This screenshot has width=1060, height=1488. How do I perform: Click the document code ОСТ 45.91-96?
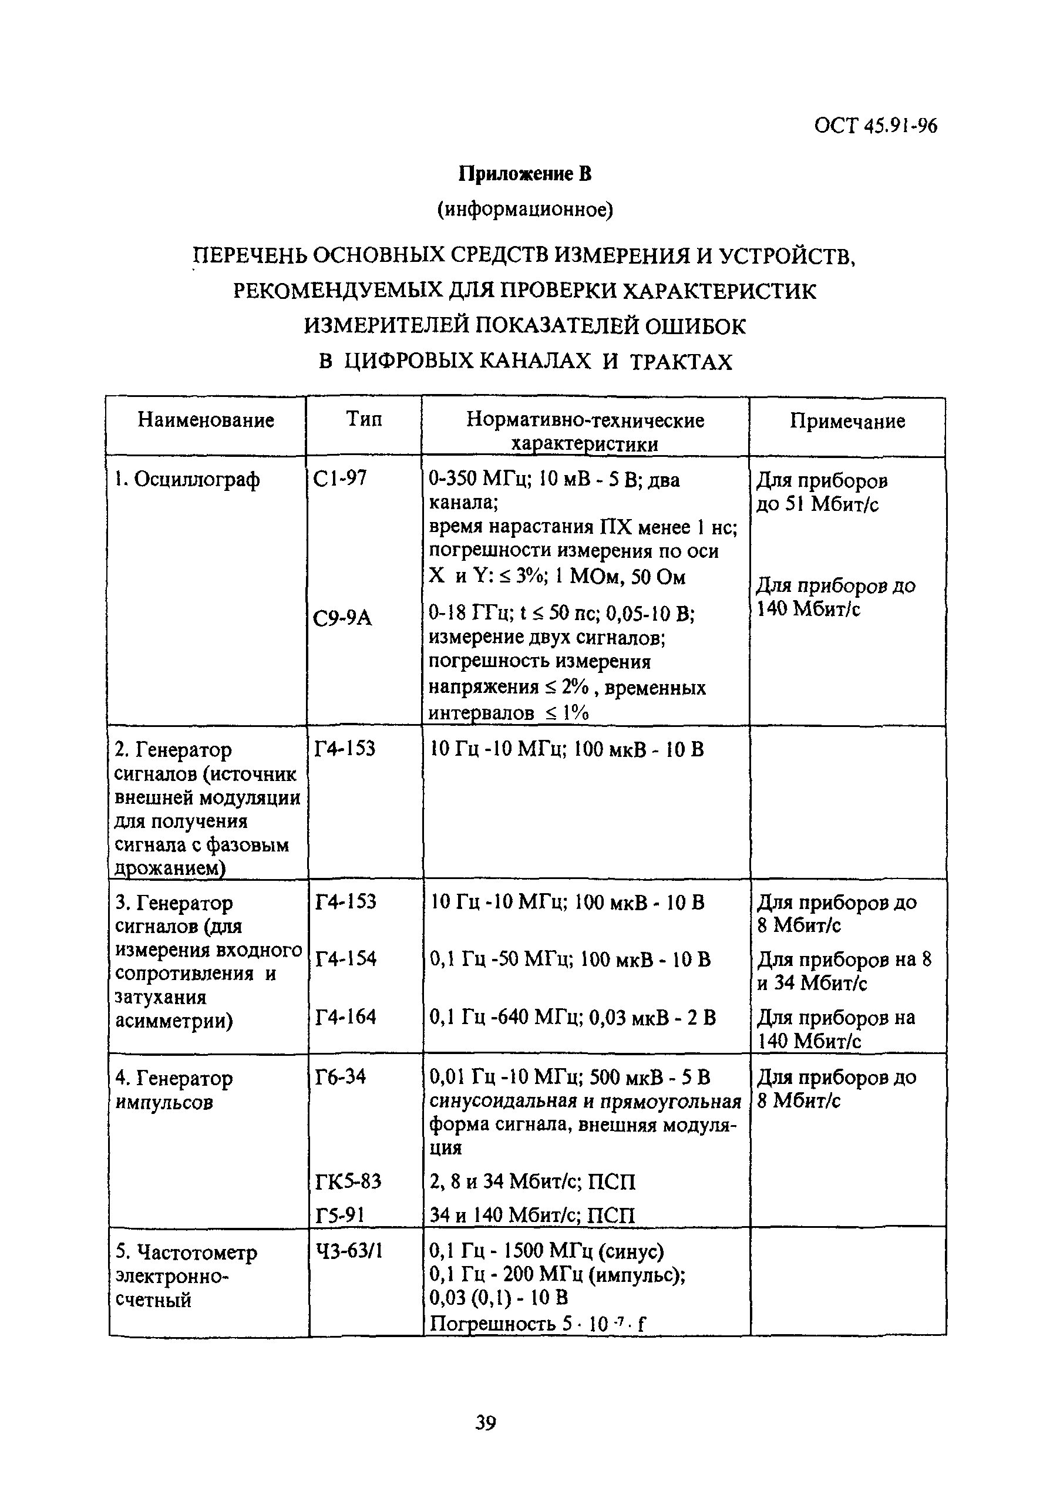pyautogui.click(x=874, y=125)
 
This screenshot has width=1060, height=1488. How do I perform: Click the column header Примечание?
pyautogui.click(x=847, y=421)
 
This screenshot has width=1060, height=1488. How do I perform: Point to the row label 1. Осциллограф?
pyautogui.click(x=187, y=480)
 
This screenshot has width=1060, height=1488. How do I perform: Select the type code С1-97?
pyautogui.click(x=339, y=479)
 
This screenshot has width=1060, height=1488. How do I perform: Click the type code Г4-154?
pyautogui.click(x=345, y=959)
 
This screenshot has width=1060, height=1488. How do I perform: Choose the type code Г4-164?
pyautogui.click(x=345, y=1017)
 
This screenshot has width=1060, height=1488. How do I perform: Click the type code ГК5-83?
pyautogui.click(x=348, y=1181)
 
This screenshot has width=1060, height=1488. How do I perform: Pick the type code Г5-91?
pyautogui.click(x=339, y=1215)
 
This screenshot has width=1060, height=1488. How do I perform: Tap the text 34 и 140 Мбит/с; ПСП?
pyautogui.click(x=532, y=1215)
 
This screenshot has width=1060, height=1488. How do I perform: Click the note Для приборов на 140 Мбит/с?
pyautogui.click(x=836, y=1029)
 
